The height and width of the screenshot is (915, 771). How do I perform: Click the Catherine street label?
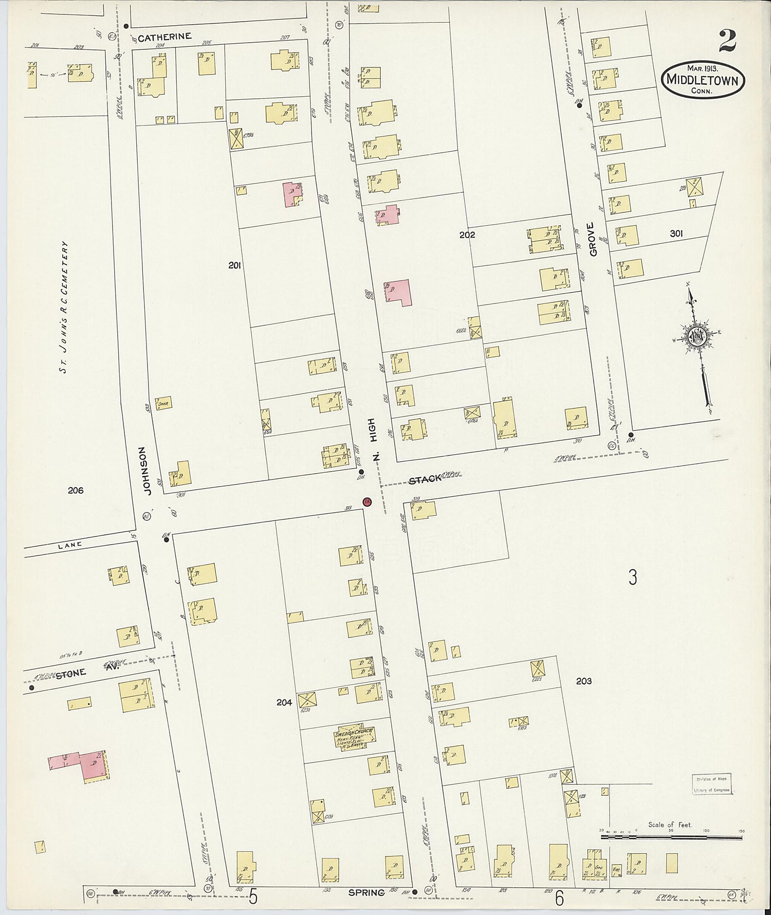(x=164, y=37)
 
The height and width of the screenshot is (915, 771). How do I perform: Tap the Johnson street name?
(x=148, y=470)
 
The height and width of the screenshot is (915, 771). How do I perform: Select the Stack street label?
(x=425, y=479)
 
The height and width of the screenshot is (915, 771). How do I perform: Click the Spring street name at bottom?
(x=366, y=892)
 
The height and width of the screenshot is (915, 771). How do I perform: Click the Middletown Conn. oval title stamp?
(x=702, y=80)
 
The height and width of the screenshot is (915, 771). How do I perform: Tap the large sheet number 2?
(x=727, y=41)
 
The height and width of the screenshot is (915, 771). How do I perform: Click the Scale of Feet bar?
(x=671, y=837)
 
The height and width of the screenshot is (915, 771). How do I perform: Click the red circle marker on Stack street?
(x=366, y=501)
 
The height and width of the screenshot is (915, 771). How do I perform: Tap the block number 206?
(x=76, y=490)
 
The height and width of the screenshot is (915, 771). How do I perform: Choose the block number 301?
(x=676, y=234)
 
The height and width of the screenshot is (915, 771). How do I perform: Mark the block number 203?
(x=583, y=681)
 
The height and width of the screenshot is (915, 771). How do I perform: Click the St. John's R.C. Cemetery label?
(x=65, y=307)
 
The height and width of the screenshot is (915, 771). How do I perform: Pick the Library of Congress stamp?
(x=712, y=784)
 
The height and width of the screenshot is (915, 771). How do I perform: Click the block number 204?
(x=284, y=702)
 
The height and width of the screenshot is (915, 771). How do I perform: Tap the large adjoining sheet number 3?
(x=633, y=577)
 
